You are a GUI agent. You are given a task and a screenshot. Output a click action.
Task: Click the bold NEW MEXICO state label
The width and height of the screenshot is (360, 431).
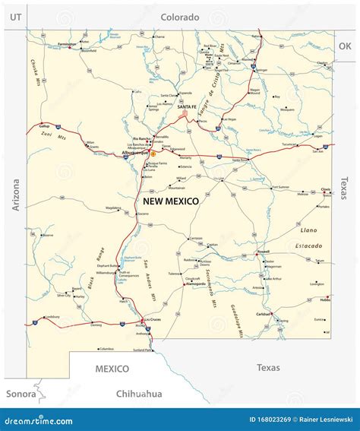171,201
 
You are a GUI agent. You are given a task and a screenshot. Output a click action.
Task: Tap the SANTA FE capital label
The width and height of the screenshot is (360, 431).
187,107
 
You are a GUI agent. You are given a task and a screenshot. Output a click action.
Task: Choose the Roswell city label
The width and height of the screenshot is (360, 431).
264,252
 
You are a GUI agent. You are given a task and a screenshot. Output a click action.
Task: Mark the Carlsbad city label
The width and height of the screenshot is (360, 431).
264,313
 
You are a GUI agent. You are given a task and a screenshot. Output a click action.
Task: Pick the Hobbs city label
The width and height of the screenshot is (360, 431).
324,300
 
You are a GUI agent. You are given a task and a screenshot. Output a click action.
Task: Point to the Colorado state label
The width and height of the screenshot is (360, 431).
180,17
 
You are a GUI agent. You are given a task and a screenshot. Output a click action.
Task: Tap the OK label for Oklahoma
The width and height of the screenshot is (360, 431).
345,46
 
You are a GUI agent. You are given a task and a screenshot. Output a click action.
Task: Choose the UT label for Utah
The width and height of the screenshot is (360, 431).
14,16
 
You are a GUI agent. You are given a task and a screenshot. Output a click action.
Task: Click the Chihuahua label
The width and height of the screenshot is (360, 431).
140,393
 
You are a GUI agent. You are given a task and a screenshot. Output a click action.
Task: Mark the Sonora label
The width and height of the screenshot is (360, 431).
21,393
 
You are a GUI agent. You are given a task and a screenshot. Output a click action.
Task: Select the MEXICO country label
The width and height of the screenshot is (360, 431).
112,369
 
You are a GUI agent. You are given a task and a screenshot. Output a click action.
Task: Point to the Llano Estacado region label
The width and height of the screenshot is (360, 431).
308,237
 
